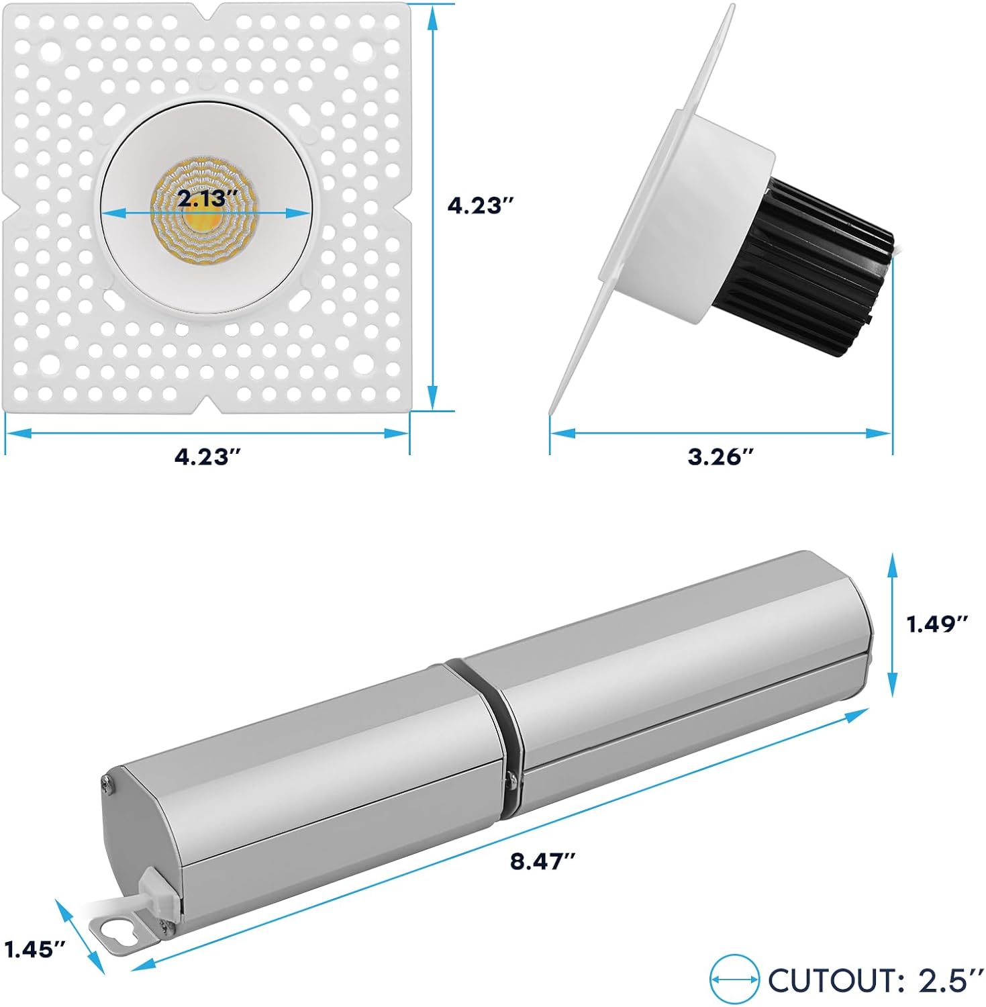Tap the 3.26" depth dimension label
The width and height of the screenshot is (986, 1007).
pos(721,457)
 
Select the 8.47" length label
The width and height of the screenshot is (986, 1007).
pos(543,861)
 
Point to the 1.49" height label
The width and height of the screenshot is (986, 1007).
pos(938,624)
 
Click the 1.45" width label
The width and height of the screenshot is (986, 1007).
pos(35,949)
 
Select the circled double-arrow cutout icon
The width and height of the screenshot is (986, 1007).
pos(734,980)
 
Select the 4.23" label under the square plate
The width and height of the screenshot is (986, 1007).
pos(207,457)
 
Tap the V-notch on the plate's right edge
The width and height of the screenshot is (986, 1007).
pos(403,205)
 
